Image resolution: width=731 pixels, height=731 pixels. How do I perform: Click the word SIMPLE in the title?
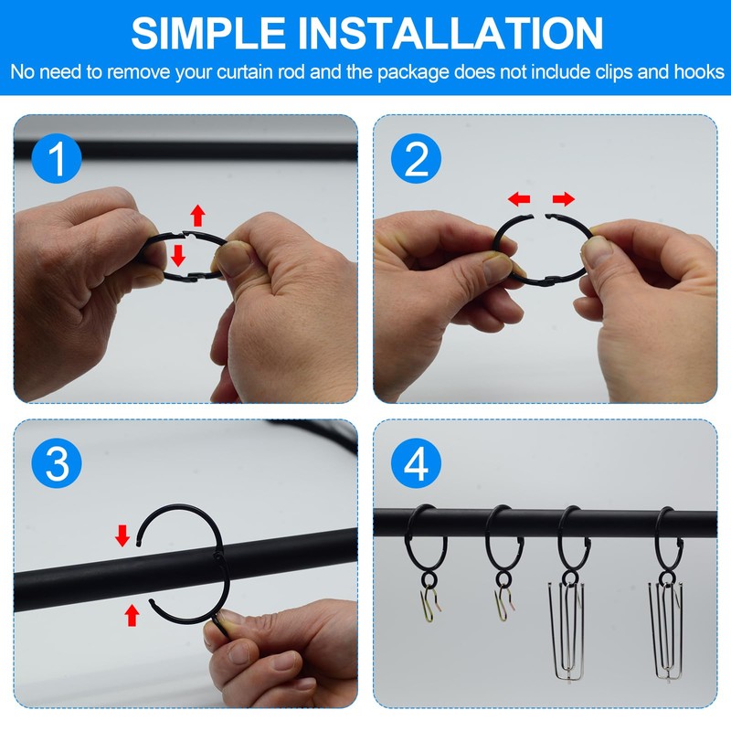tap(208, 33)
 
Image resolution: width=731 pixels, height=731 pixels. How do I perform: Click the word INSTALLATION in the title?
tap(450, 33)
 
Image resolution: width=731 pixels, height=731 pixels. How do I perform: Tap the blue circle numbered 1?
tap(57, 158)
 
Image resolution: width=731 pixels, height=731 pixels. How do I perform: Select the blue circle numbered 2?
tap(417, 158)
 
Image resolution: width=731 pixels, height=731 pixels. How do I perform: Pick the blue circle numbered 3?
tap(57, 463)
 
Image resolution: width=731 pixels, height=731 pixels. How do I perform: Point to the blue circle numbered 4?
tap(417, 463)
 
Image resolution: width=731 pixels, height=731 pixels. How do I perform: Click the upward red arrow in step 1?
tap(197, 216)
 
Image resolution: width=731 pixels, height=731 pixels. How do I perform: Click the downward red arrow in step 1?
tap(178, 256)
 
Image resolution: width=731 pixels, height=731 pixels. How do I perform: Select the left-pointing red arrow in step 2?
tap(519, 199)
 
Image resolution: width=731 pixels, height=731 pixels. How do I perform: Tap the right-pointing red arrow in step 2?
tap(564, 199)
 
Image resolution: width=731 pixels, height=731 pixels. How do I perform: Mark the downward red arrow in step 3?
tap(122, 535)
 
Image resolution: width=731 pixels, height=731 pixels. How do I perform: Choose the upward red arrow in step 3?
tap(132, 615)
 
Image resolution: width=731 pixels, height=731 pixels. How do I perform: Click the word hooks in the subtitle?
tap(699, 72)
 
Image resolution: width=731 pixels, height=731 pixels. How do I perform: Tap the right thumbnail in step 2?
tap(596, 250)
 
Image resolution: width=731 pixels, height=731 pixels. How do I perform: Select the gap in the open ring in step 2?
tap(539, 216)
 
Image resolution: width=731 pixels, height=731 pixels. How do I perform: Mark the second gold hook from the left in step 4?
tap(503, 604)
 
